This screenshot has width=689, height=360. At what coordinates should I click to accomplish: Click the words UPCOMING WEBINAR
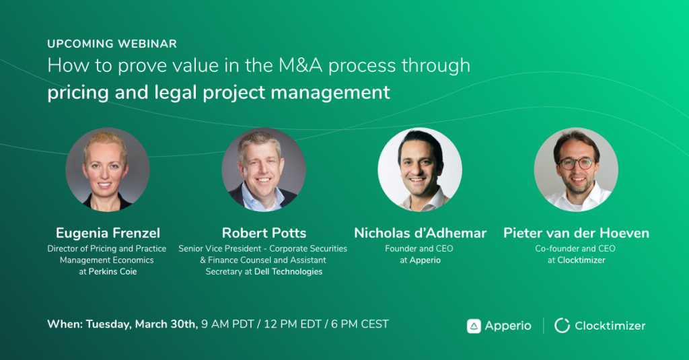112,44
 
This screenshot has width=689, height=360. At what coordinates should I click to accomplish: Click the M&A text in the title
301,65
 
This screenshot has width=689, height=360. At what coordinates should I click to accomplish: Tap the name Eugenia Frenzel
108,233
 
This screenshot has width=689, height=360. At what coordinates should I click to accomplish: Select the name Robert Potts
264,233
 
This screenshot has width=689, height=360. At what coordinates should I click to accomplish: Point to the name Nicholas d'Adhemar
420,233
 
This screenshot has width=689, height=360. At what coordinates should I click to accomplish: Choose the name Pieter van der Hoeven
576,233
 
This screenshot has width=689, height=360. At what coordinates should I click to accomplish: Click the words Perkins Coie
112,272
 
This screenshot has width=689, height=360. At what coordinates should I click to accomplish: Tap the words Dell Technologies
288,272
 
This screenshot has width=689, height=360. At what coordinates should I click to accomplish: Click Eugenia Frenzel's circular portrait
108,169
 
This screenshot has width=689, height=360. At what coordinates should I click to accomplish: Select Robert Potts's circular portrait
264,169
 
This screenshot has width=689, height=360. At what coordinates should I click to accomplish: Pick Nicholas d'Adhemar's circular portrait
420,169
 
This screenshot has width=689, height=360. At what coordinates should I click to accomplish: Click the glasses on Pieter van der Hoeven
577,164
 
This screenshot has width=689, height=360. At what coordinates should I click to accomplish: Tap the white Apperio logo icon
474,326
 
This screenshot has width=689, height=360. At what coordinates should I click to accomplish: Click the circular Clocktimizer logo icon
562,326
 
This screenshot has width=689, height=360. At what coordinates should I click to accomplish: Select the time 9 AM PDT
227,324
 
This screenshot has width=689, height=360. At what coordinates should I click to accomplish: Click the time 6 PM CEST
360,324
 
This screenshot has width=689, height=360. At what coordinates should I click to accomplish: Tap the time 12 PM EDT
292,324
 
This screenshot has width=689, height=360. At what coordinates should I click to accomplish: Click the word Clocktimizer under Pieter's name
581,260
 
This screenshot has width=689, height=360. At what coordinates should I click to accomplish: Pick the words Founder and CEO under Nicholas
419,249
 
